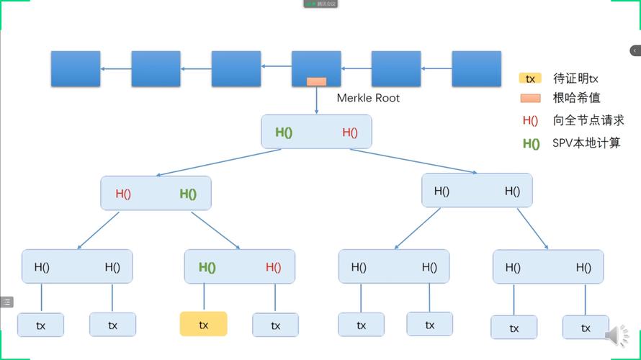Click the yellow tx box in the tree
(x=203, y=324)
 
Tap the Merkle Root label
(x=368, y=98)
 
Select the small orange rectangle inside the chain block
(x=316, y=81)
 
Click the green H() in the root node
(x=284, y=132)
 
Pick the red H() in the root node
(x=350, y=132)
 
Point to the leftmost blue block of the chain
(x=76, y=69)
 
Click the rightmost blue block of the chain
(x=476, y=69)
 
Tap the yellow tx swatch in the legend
(x=529, y=78)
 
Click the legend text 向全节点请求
(x=588, y=120)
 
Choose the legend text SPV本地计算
(x=586, y=143)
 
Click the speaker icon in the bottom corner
(x=617, y=336)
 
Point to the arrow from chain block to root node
(x=316, y=101)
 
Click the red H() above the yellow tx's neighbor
(x=273, y=267)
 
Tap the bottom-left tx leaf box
(x=40, y=325)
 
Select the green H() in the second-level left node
(x=188, y=194)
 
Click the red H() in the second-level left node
(x=123, y=194)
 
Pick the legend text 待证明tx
(x=575, y=78)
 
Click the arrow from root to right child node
(x=413, y=161)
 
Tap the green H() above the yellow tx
(x=207, y=267)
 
